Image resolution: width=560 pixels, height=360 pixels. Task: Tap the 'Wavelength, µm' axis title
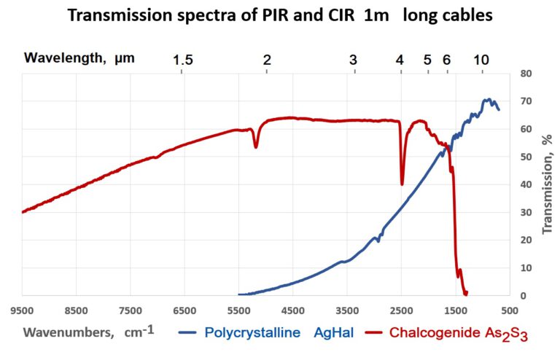pyautogui.click(x=79, y=58)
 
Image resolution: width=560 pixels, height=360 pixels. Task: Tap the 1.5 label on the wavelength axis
pyautogui.click(x=183, y=59)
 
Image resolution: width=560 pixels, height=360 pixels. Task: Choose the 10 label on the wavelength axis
pyautogui.click(x=481, y=59)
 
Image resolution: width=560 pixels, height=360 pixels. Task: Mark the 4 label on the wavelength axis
pyautogui.click(x=400, y=59)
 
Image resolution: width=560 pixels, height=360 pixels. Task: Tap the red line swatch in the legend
pyautogui.click(x=369, y=333)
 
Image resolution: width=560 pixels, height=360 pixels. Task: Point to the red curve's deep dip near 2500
pyautogui.click(x=402, y=184)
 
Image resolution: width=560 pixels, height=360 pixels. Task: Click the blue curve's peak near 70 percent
pyautogui.click(x=486, y=100)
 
